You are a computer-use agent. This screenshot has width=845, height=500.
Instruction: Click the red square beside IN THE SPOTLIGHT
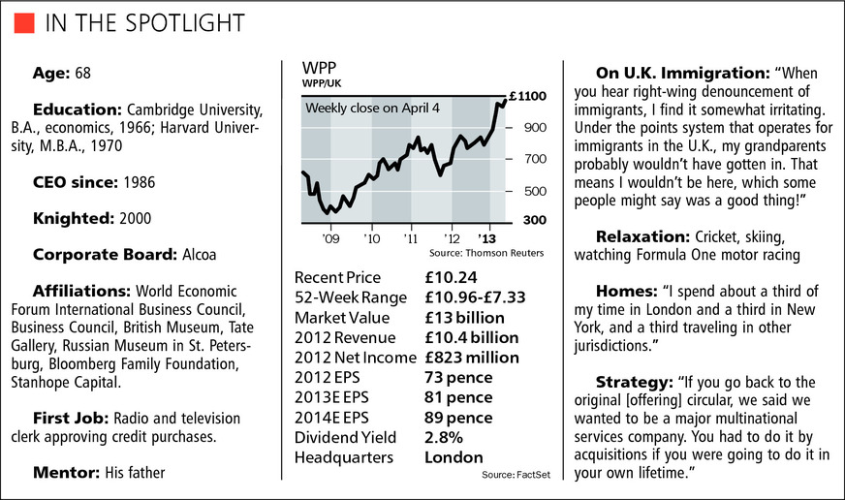(x=26, y=21)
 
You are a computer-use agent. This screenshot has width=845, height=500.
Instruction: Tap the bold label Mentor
(x=68, y=474)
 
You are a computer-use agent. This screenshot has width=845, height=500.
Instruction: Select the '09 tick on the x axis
(x=330, y=237)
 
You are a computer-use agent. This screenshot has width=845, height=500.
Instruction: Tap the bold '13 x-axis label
(x=486, y=237)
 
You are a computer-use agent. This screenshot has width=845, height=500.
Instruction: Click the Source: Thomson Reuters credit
(x=494, y=253)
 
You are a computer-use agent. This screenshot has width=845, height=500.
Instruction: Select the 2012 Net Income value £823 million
(x=472, y=358)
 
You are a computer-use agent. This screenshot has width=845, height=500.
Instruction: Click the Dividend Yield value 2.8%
(x=444, y=437)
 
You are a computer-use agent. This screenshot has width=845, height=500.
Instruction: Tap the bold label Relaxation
(x=642, y=237)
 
